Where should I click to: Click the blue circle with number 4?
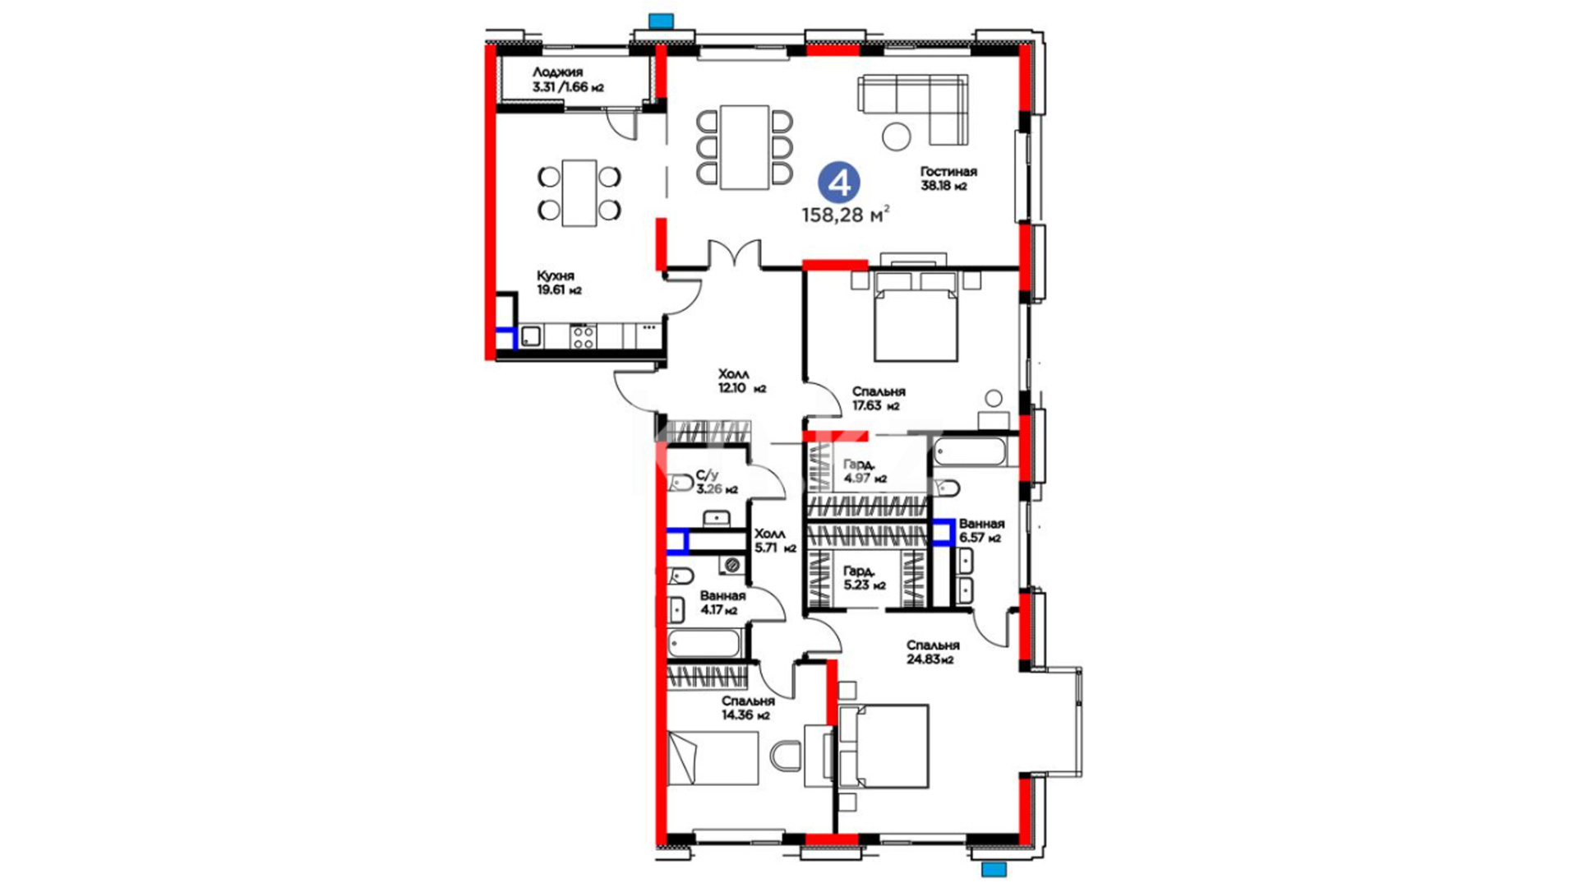click(x=839, y=183)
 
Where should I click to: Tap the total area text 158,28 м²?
click(x=846, y=215)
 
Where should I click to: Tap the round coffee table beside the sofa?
click(x=897, y=136)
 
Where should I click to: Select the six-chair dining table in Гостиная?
click(x=745, y=147)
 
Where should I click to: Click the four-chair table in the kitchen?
click(x=579, y=192)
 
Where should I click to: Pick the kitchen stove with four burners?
click(x=584, y=336)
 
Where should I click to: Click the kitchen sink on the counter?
click(x=531, y=335)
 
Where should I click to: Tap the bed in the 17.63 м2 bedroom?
click(x=916, y=316)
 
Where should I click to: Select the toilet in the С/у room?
click(x=680, y=483)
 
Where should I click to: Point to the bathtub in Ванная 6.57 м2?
click(x=970, y=451)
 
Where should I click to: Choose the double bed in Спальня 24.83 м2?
click(x=883, y=747)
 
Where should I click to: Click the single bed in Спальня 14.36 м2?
click(x=713, y=758)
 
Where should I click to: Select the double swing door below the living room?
click(x=735, y=253)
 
